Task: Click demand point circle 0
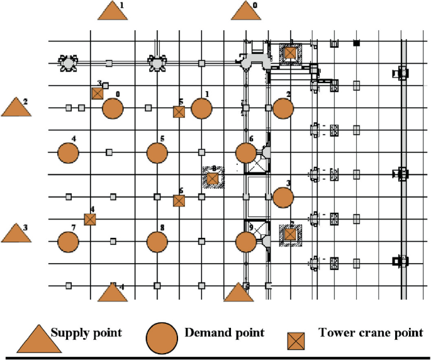[112, 108]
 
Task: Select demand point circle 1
[201, 108]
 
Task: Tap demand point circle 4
[68, 152]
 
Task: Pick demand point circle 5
[157, 152]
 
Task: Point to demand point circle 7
[68, 241]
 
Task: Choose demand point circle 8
[157, 241]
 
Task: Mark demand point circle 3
[283, 197]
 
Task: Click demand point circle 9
[245, 241]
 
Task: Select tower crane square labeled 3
[97, 93]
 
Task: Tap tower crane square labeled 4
[90, 219]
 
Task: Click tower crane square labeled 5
[179, 111]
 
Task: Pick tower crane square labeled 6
[179, 201]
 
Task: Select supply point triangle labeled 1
[113, 12]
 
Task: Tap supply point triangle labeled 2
[16, 108]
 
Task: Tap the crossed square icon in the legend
[296, 340]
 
